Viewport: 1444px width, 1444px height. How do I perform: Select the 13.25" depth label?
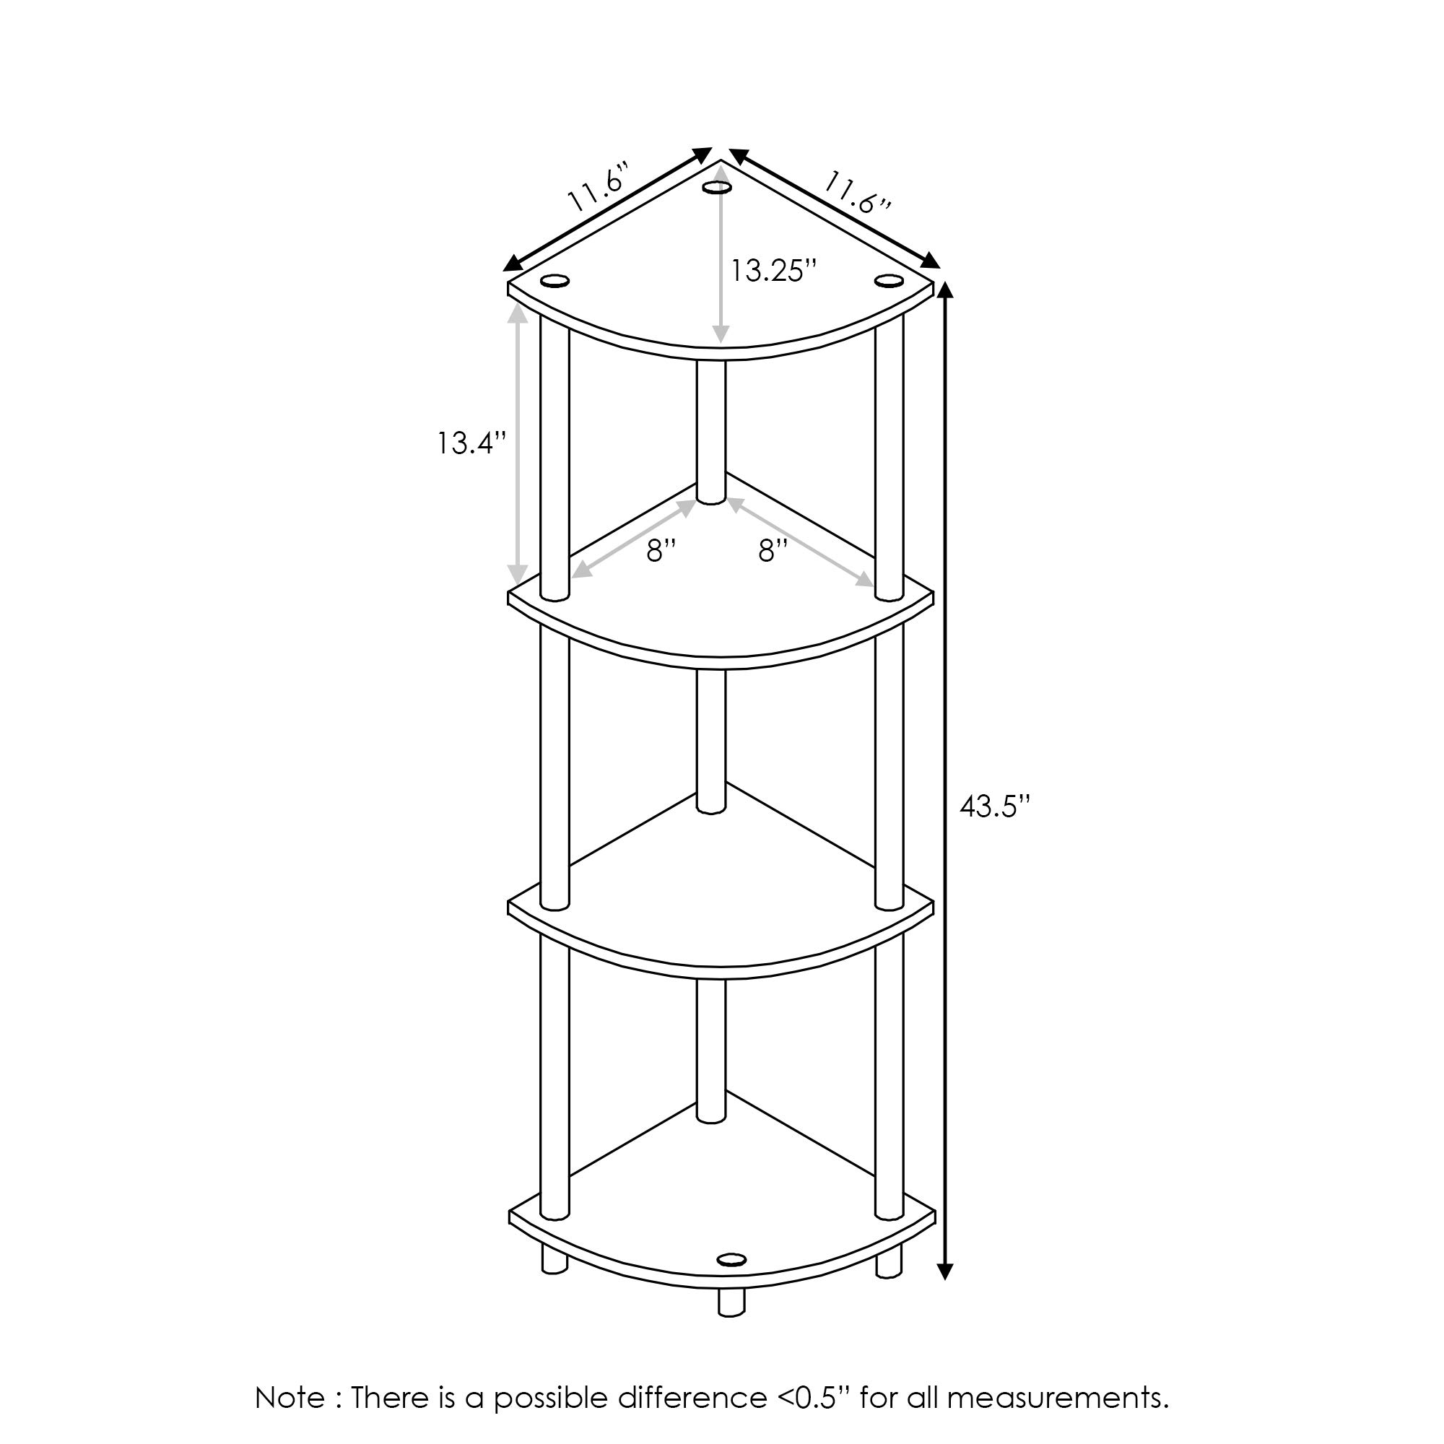point(772,271)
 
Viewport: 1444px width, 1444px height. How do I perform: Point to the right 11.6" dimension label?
point(858,193)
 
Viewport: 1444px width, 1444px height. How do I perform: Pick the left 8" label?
point(661,551)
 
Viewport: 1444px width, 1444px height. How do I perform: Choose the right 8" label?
point(773,551)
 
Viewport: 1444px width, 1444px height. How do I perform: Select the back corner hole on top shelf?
point(717,188)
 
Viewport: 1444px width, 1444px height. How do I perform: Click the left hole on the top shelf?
point(554,281)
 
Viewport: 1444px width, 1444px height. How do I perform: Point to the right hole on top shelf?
point(888,280)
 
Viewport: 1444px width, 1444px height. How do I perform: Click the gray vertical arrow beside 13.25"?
point(720,256)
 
